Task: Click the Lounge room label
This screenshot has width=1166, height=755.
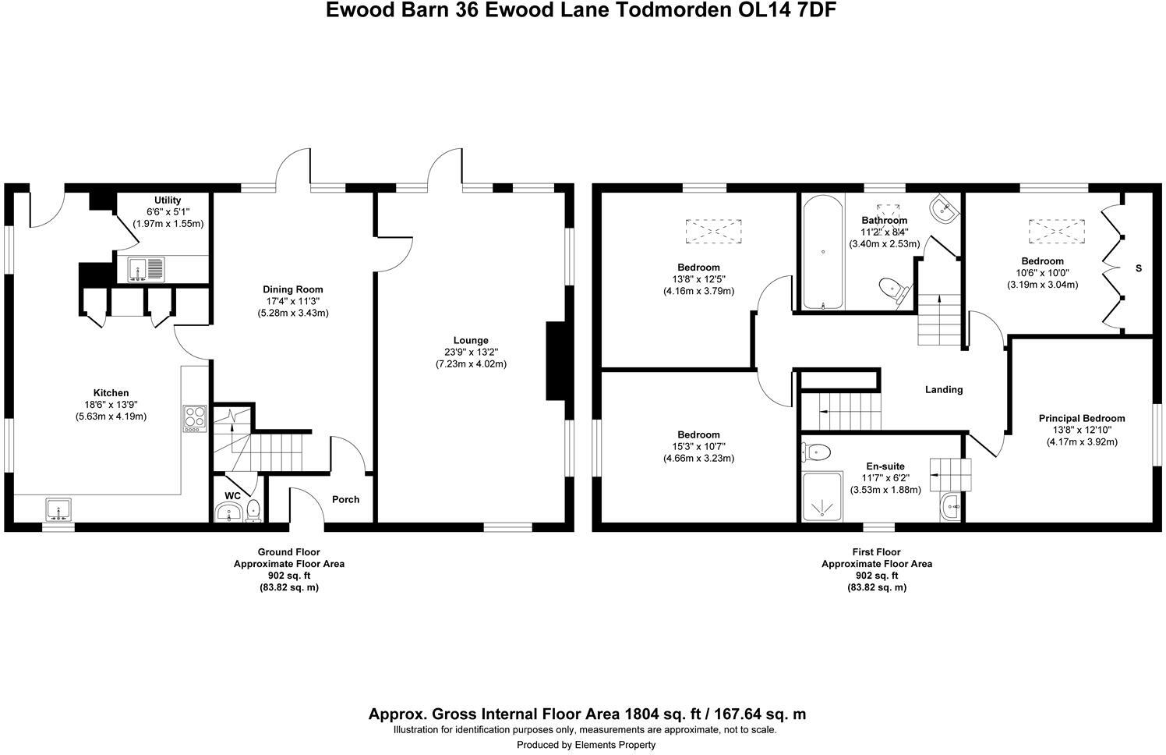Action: tap(471, 340)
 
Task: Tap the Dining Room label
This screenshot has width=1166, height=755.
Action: tap(292, 289)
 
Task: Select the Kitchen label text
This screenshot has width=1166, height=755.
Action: tap(111, 393)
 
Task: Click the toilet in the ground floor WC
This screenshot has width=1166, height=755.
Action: tap(253, 512)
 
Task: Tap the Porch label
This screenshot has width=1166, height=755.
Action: tap(345, 499)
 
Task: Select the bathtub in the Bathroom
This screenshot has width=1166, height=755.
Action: tap(822, 253)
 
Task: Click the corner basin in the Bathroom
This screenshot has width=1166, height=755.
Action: tap(944, 208)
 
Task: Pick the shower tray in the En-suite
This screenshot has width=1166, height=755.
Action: tap(821, 495)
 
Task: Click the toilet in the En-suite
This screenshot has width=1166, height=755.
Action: tap(815, 451)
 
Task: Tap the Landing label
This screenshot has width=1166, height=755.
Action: tap(943, 389)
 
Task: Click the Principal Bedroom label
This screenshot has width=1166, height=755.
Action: tap(1081, 419)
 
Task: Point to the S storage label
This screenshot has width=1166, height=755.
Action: tap(1138, 268)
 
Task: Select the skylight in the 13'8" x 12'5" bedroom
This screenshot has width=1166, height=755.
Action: tap(712, 231)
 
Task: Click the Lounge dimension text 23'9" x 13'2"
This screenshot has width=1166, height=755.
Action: tap(471, 352)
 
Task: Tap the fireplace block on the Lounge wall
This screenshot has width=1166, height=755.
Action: tap(558, 361)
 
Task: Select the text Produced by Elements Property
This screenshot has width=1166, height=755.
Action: tap(585, 745)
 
